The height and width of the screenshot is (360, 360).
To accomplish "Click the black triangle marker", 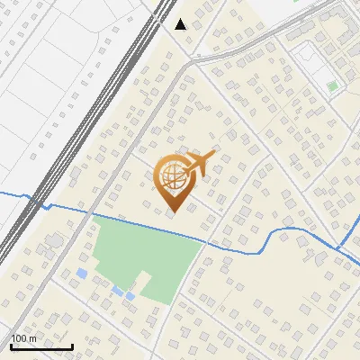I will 181,24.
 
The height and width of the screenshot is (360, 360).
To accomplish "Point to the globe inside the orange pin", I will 171,177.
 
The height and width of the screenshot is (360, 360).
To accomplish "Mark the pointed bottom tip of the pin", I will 171,211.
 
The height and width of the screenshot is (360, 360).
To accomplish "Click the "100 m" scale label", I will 23,338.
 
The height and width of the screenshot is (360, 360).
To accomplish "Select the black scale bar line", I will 41,346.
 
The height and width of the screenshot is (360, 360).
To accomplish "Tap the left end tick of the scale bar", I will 11,345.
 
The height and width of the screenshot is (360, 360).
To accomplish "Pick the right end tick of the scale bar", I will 72,345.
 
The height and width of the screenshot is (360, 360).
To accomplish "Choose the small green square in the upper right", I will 333,86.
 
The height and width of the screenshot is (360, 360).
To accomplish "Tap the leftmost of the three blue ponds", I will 82,273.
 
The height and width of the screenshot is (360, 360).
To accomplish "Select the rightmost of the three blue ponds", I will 130,296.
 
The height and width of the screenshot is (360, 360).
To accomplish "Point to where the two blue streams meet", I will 340,247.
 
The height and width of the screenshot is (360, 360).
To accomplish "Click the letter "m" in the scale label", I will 33,338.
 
